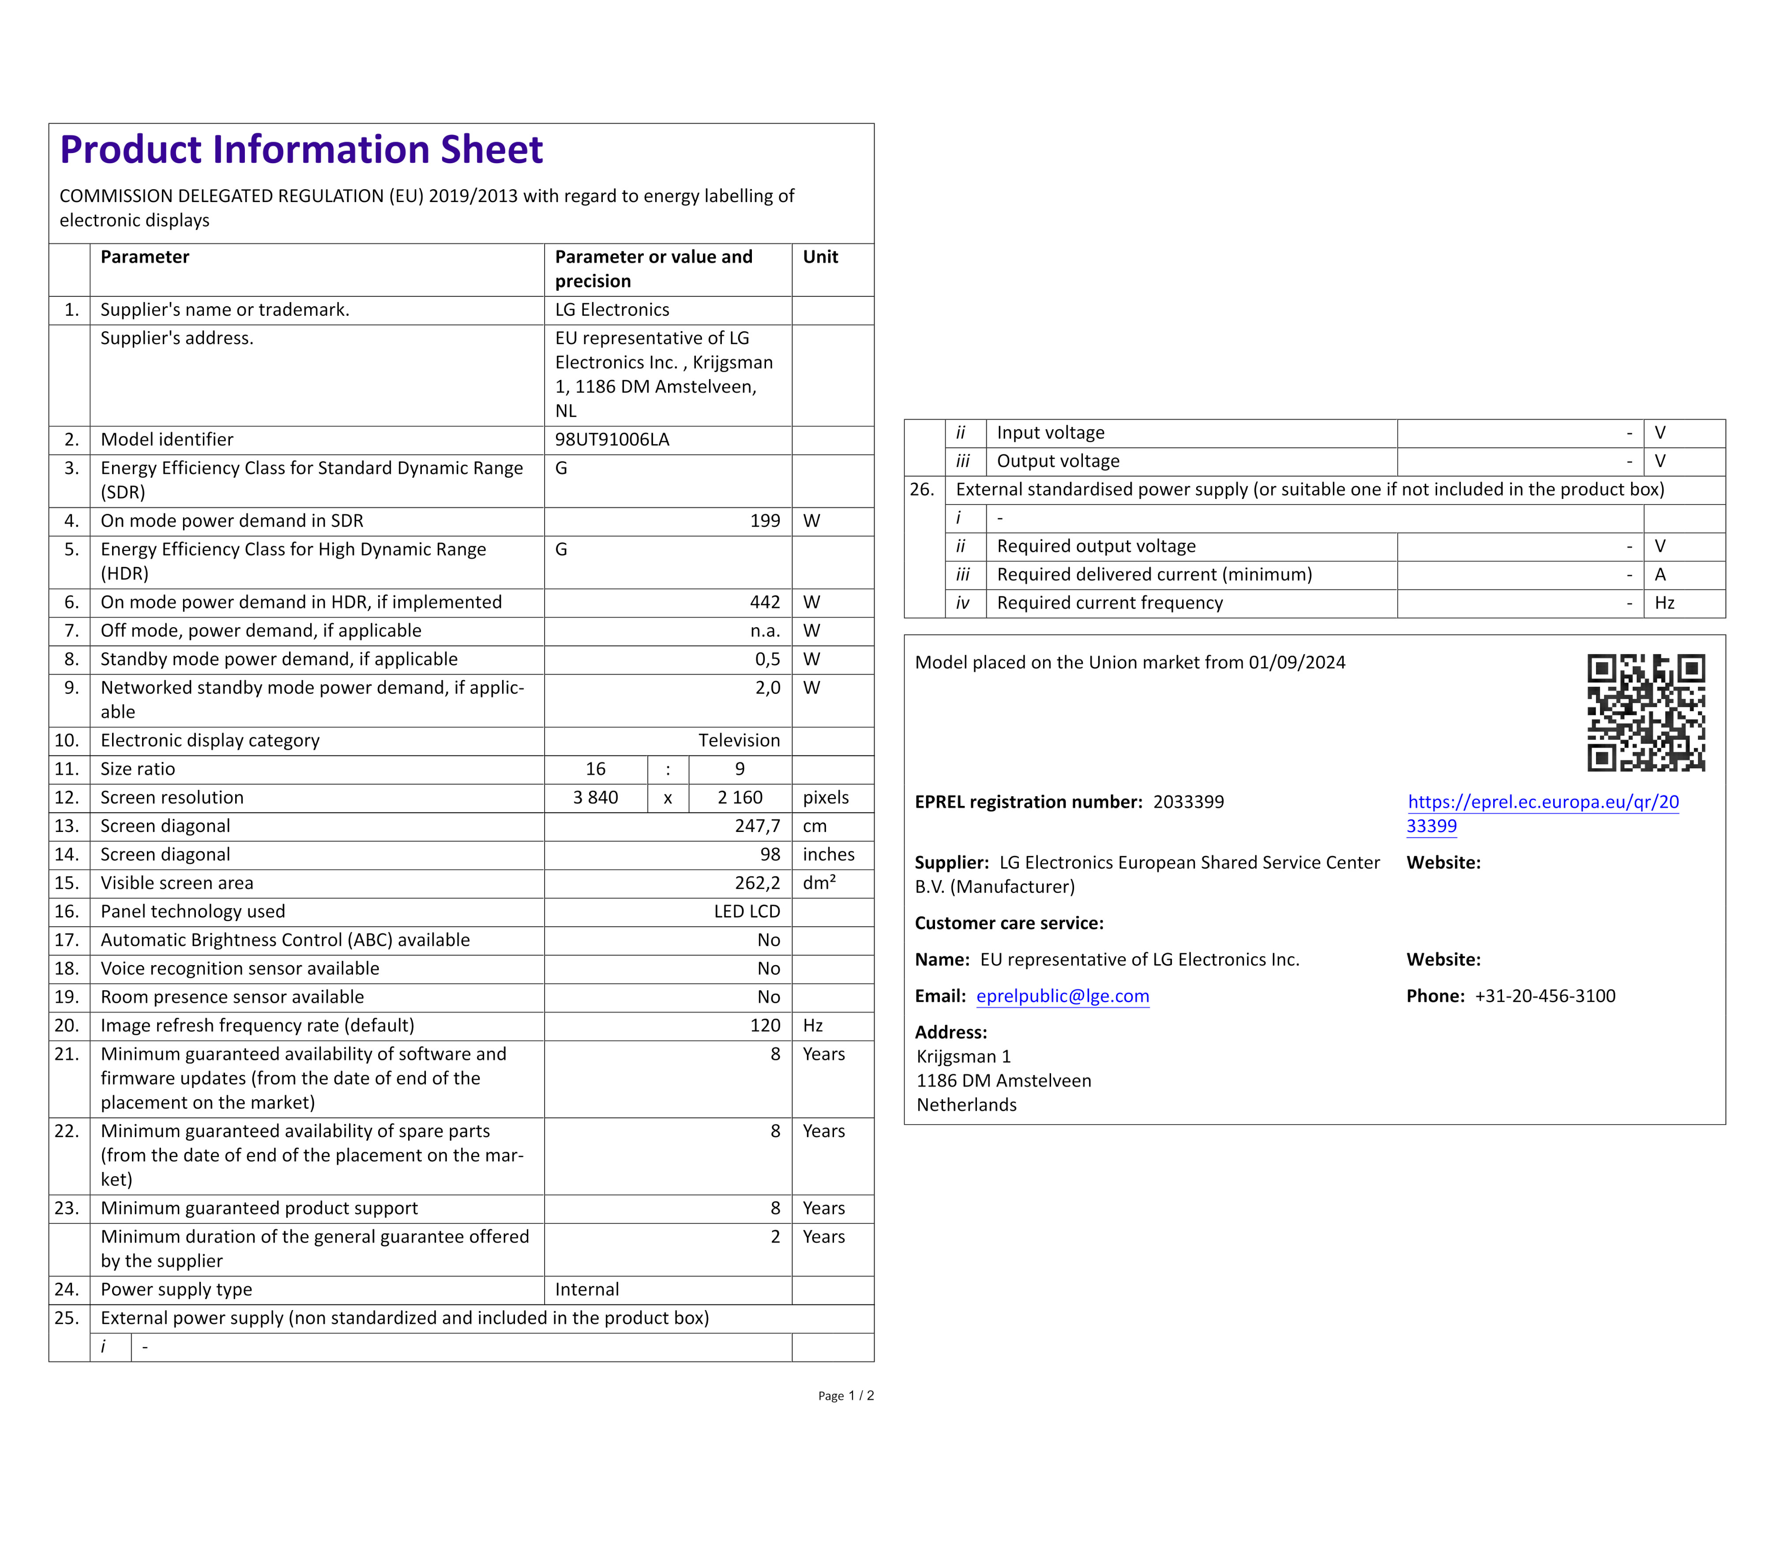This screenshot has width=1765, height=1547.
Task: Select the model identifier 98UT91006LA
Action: coord(612,439)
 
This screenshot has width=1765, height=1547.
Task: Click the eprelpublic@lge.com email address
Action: coord(1062,996)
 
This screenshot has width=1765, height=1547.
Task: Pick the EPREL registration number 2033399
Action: coord(1188,802)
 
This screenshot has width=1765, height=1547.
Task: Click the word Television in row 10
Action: coord(738,741)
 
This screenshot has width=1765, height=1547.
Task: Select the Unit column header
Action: coord(820,257)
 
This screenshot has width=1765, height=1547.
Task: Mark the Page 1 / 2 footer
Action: coord(845,1396)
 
